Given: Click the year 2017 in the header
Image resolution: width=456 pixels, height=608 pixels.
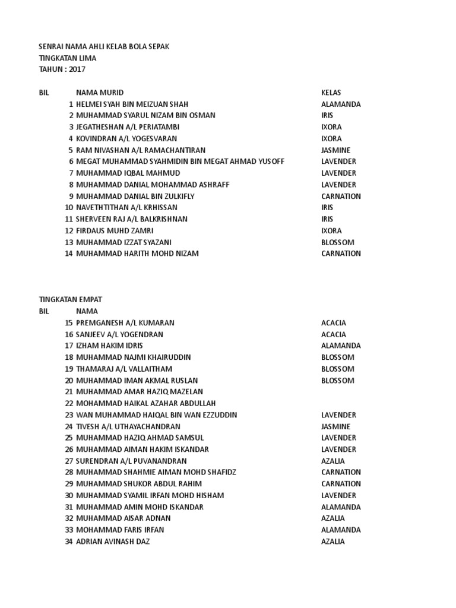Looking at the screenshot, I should click(x=77, y=69).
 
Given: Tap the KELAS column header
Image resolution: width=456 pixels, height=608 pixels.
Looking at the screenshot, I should click(x=331, y=93).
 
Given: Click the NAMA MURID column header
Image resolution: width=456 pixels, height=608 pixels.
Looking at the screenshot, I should click(x=100, y=93).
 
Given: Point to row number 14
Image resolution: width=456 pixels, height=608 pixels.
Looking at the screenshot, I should click(x=68, y=254).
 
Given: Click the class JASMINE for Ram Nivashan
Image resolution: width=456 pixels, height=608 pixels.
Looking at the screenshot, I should click(x=335, y=150).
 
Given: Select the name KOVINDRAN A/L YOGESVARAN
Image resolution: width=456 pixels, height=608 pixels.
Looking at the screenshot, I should click(x=126, y=138).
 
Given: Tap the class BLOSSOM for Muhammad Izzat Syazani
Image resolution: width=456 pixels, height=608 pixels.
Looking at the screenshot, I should click(x=337, y=242).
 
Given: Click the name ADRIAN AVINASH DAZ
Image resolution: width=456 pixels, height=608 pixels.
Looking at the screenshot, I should click(x=113, y=541).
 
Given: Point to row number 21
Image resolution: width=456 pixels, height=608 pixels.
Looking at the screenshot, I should click(x=68, y=392).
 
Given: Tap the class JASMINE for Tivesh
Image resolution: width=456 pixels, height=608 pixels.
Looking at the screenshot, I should click(x=335, y=426).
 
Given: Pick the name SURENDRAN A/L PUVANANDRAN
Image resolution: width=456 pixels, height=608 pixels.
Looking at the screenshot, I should click(x=131, y=461).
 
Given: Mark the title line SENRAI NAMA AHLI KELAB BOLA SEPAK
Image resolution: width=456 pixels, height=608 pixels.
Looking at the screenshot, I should click(x=104, y=46).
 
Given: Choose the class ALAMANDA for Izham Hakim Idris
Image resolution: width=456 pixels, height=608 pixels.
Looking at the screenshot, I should click(x=341, y=346).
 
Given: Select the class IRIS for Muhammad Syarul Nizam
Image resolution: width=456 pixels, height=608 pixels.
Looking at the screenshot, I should click(x=327, y=115).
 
